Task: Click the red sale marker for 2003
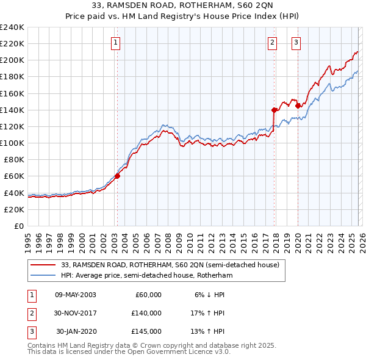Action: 117,176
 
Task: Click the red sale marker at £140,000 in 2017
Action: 274,110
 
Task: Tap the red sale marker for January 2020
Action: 298,106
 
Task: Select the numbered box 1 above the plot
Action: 115,42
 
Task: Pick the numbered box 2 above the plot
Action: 272,42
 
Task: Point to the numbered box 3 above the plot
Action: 296,42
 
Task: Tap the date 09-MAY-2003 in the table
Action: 75,295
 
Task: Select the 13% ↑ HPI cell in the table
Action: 209,331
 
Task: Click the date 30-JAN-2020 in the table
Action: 76,331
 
